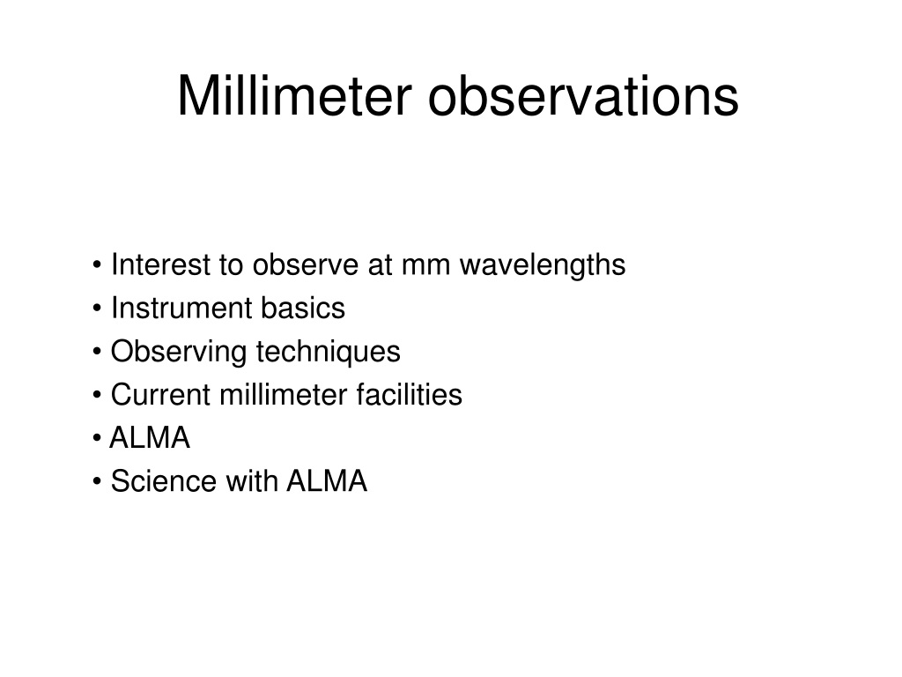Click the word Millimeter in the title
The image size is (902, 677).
pyautogui.click(x=295, y=95)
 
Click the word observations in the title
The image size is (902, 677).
pyautogui.click(x=583, y=95)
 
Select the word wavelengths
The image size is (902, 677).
pyautogui.click(x=543, y=265)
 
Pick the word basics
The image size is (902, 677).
pyautogui.click(x=303, y=308)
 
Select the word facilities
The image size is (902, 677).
pyautogui.click(x=409, y=394)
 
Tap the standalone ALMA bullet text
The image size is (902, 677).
pyautogui.click(x=150, y=437)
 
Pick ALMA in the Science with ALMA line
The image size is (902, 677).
pyautogui.click(x=327, y=480)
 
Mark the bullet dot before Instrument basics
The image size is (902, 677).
pyautogui.click(x=97, y=309)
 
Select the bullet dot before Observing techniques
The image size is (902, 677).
pyautogui.click(x=97, y=352)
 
